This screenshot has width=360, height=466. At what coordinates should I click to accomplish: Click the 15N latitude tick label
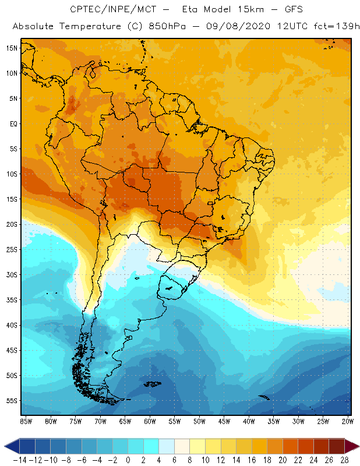click(x=12, y=48)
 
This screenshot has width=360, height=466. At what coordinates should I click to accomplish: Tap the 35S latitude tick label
click(x=12, y=300)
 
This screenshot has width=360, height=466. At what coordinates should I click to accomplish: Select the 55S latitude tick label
click(x=12, y=401)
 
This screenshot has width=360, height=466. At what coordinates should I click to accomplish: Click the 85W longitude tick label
click(x=26, y=421)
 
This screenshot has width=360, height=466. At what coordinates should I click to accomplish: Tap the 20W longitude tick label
click(x=348, y=421)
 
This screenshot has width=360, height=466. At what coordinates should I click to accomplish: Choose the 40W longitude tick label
click(x=249, y=421)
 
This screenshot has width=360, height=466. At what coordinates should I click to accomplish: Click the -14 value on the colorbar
click(x=19, y=460)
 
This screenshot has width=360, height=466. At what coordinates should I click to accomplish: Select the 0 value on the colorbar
click(x=128, y=460)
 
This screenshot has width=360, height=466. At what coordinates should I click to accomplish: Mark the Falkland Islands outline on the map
click(x=153, y=383)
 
